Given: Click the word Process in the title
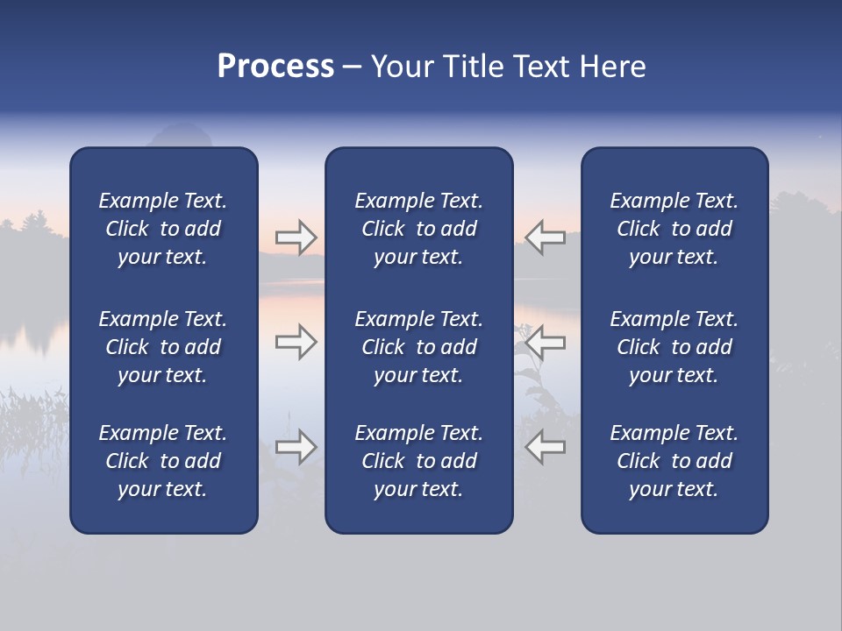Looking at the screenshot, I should [275, 67].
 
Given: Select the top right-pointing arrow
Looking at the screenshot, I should [296, 238].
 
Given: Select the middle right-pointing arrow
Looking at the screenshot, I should [296, 342].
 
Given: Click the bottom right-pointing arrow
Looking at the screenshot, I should [296, 447].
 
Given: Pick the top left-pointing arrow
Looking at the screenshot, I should [546, 238].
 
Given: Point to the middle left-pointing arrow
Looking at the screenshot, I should [546, 342].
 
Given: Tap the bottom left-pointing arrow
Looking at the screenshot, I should [546, 447].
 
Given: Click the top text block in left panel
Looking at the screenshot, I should [163, 229].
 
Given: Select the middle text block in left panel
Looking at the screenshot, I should [163, 347].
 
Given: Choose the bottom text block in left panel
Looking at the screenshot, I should [163, 461].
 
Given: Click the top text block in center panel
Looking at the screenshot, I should [419, 229].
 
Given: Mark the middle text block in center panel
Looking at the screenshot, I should [419, 347].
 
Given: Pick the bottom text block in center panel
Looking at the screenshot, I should [419, 461].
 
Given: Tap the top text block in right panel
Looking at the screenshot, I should [674, 229].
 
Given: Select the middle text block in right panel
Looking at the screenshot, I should [674, 347].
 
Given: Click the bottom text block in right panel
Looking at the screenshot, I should [674, 461].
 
